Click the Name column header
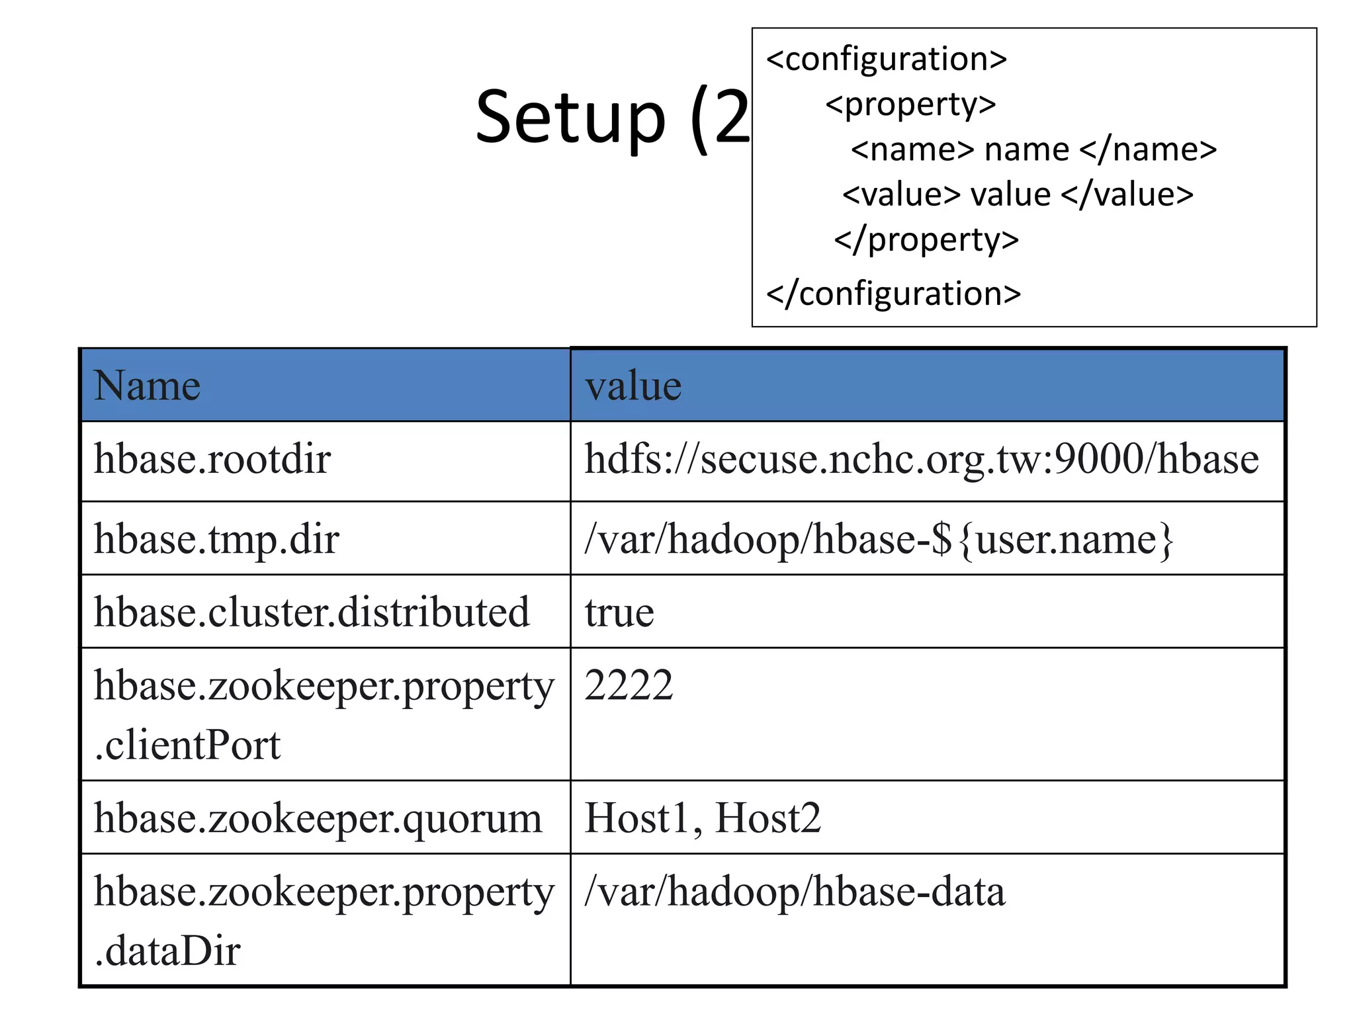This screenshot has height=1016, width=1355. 147,386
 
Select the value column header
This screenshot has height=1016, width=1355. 633,386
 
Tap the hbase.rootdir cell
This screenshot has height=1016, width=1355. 212,459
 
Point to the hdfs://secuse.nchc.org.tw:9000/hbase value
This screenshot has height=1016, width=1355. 921,459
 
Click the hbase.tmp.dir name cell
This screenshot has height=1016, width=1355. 216,539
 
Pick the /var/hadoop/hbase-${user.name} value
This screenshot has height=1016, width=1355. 879,539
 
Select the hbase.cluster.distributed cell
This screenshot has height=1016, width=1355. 312,612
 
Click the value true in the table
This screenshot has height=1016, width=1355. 619,613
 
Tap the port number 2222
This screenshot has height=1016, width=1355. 629,685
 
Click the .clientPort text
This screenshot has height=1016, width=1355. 188,745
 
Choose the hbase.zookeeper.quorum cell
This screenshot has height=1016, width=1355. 318,818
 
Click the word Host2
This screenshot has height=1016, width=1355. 767,818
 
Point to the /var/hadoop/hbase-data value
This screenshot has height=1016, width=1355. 795,892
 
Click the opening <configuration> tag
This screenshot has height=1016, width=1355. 886,60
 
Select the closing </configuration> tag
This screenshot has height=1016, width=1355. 893,294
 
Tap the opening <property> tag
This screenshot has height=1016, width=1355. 910,105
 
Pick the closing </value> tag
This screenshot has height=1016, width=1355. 1127,195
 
